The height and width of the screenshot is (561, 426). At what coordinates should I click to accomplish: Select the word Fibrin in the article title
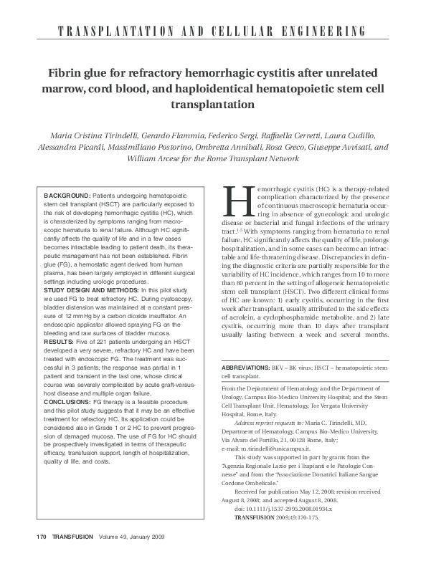point(67,74)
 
